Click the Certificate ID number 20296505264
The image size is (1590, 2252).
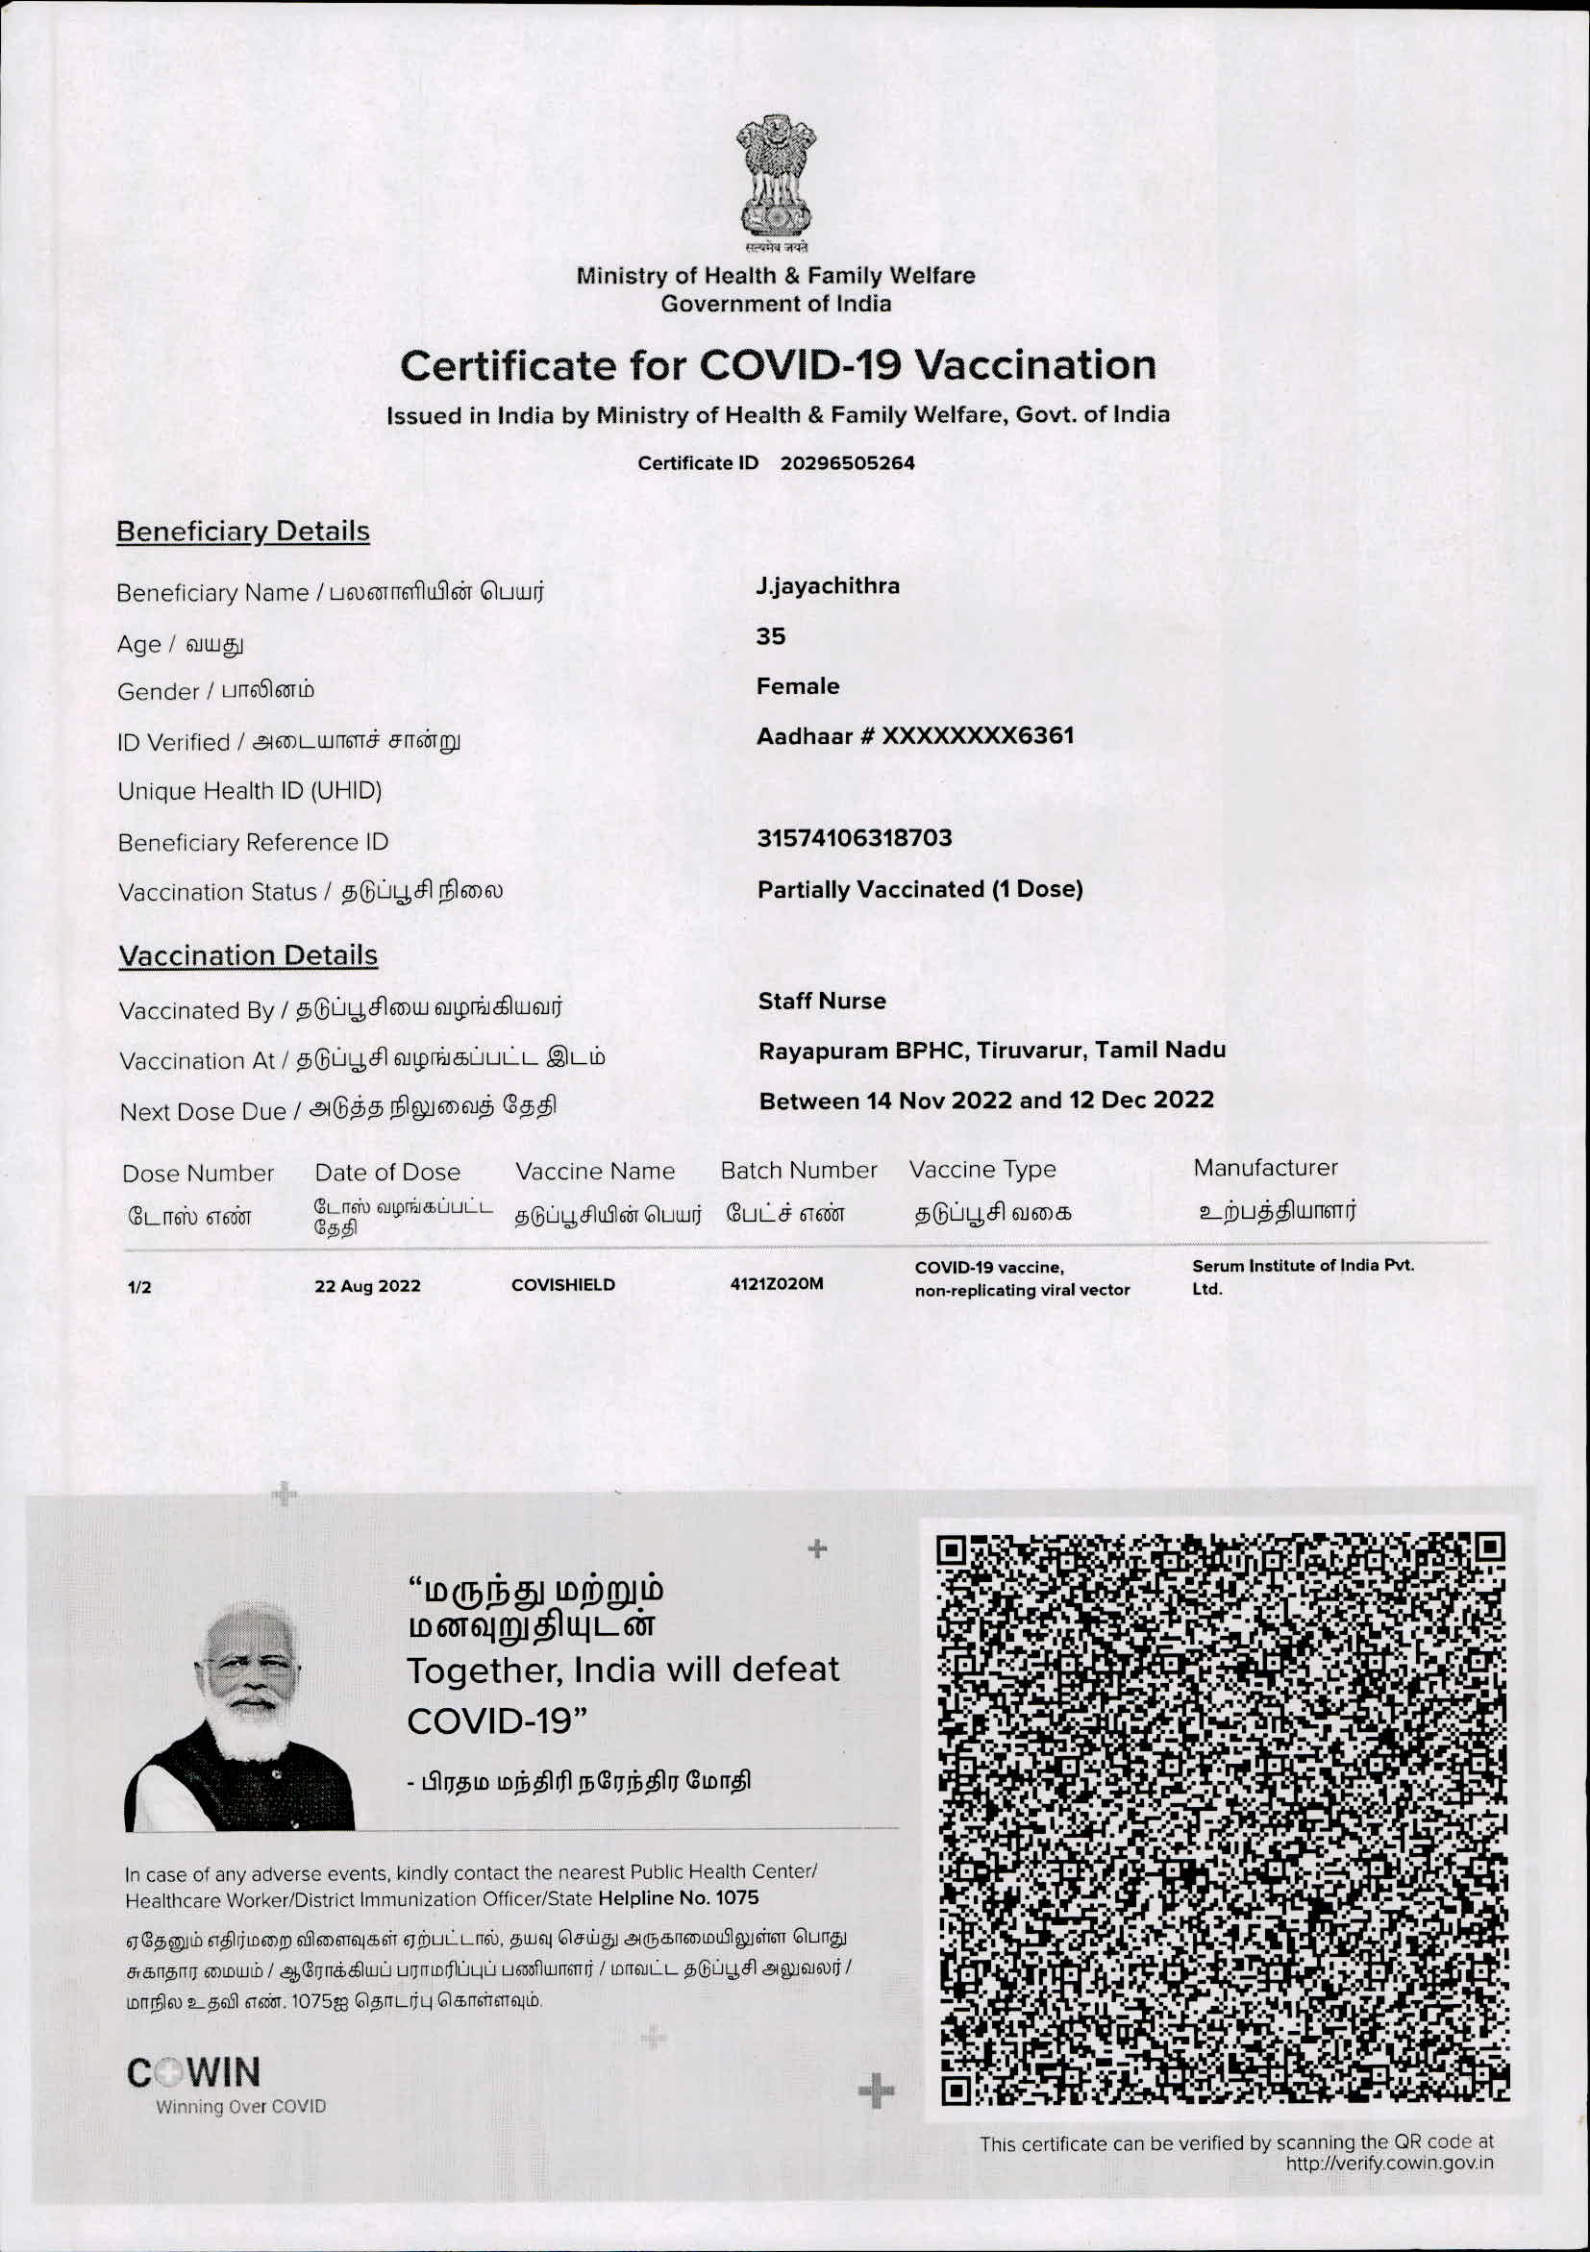(x=847, y=463)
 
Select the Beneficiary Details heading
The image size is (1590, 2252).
(x=242, y=531)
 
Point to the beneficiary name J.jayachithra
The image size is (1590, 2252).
(x=827, y=585)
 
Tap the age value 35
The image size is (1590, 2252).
(x=770, y=636)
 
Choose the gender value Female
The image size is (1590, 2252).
(x=797, y=685)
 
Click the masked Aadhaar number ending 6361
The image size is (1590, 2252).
(x=914, y=735)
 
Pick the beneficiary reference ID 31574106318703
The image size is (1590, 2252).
(x=854, y=837)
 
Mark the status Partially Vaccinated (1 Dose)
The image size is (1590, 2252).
(x=919, y=890)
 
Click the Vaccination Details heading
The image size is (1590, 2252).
(x=247, y=955)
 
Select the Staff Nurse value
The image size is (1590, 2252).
(x=821, y=1001)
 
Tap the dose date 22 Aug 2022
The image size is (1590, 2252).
(x=367, y=1286)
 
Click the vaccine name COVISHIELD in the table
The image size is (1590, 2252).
(x=563, y=1285)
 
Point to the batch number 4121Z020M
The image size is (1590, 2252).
(x=776, y=1283)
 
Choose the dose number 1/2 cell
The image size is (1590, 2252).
(x=139, y=1288)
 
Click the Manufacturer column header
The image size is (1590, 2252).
(x=1264, y=1167)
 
